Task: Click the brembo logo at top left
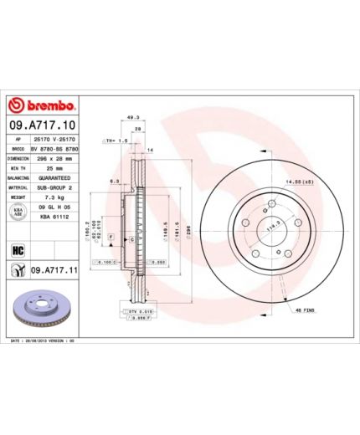tap(42, 106)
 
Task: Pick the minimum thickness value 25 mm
tap(53, 168)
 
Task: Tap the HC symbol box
tap(16, 249)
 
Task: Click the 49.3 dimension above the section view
tap(131, 118)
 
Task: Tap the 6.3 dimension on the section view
tap(112, 179)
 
